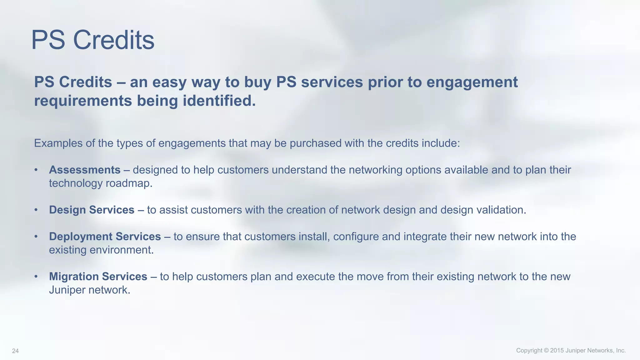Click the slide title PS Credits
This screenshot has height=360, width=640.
coord(93,40)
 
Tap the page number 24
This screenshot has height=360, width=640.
coord(15,351)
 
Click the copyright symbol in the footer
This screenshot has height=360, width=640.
coord(546,351)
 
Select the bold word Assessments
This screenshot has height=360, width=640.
coord(85,170)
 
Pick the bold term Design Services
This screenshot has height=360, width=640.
coord(92,210)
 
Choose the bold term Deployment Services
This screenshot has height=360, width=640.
coord(105,237)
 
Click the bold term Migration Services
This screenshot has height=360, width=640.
coord(98,277)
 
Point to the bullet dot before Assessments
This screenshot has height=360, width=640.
coord(36,170)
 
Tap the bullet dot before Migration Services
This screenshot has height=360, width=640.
coord(36,277)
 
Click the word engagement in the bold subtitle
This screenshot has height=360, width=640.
coord(472,82)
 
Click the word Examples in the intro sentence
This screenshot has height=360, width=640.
coord(58,143)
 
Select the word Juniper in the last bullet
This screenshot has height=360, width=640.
coord(67,290)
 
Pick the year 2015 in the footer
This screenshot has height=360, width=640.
coord(557,351)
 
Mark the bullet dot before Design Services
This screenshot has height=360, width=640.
coord(36,210)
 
